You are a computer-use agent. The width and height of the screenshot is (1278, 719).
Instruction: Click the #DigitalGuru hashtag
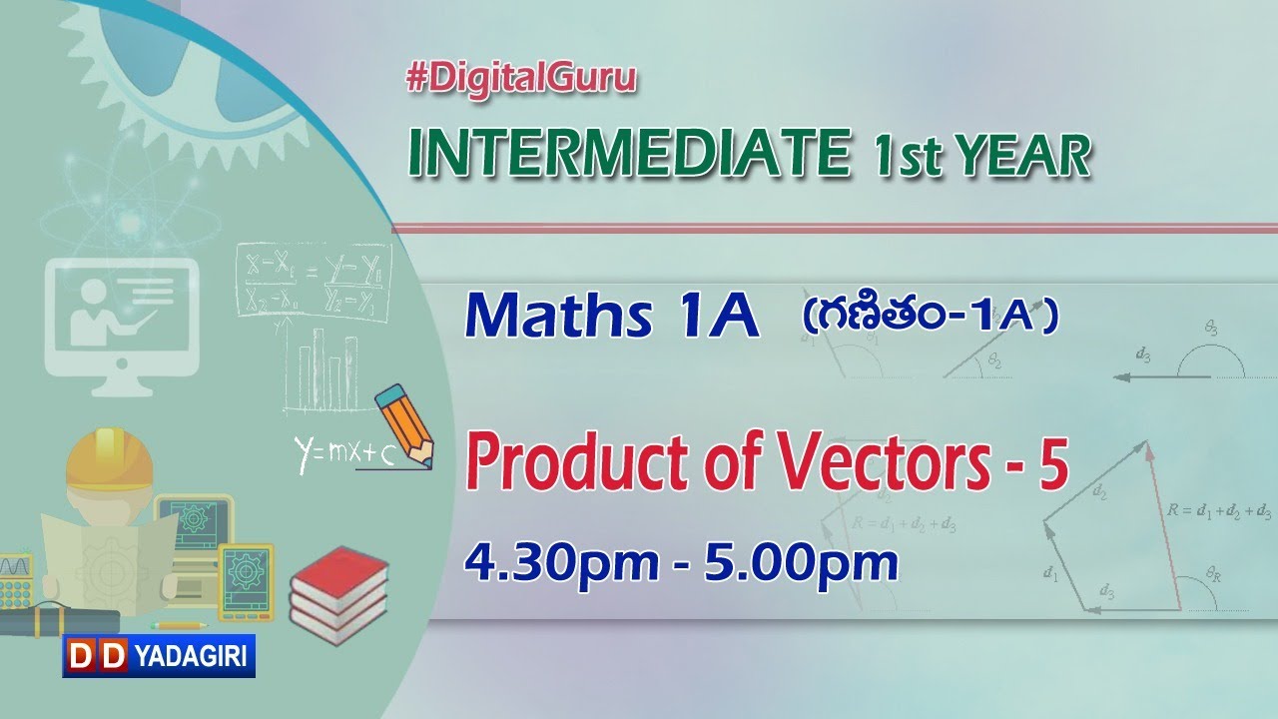521,80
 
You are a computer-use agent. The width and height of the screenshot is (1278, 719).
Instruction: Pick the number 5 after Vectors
1052,466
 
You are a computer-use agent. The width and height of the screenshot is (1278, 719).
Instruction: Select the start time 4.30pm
560,564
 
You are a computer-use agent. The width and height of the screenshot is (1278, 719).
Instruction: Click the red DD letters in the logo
97,656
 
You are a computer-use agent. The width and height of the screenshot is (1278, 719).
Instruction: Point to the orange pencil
403,423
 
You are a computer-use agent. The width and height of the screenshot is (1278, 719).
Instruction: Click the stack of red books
338,594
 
